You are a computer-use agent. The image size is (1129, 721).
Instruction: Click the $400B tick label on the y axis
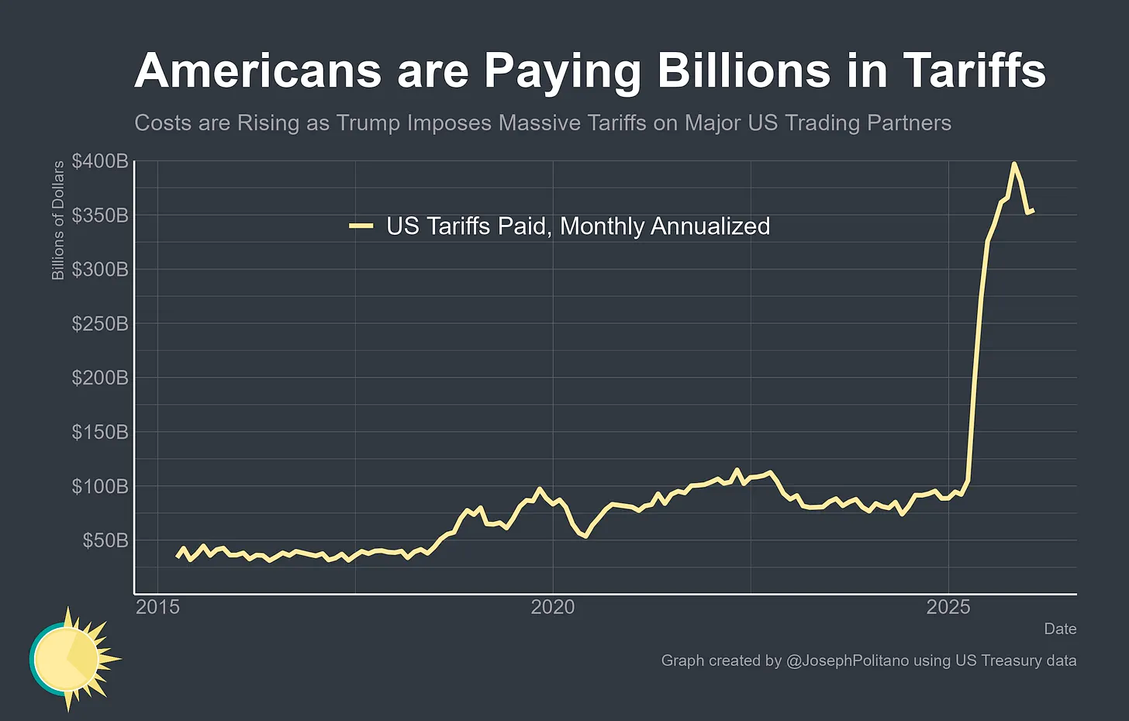[100, 161]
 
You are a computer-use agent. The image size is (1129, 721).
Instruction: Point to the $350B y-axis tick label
[100, 216]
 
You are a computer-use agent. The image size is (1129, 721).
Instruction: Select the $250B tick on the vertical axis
[100, 324]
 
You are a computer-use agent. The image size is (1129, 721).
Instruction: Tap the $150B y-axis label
[100, 432]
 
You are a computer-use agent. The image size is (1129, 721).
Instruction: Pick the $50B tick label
[105, 540]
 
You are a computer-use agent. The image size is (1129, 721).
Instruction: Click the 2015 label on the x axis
[157, 607]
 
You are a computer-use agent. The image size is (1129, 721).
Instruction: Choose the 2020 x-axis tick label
[553, 607]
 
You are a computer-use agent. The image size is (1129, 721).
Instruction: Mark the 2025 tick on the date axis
[948, 607]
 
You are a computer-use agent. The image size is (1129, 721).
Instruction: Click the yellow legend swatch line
[361, 226]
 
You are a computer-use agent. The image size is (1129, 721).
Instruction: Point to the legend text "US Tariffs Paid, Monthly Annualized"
[578, 226]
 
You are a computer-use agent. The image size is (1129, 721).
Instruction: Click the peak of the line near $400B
[1013, 164]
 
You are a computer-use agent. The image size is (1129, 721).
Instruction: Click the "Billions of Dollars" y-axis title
[58, 221]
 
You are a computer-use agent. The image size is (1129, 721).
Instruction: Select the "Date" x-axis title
[1060, 629]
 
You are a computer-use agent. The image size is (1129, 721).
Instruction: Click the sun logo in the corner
[70, 659]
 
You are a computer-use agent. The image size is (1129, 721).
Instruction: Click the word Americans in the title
[258, 71]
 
